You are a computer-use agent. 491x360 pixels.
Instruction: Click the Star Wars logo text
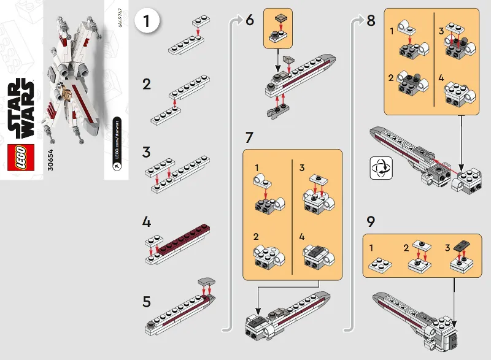pos(21,109)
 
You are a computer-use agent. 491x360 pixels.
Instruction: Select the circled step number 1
pos(147,21)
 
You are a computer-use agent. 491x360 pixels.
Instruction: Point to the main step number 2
pos(147,84)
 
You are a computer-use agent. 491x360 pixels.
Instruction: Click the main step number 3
pos(147,151)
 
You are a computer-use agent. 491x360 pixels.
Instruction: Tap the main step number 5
pos(147,302)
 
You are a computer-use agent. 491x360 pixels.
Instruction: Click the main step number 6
pos(249,20)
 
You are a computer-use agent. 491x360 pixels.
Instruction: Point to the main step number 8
pos(371,20)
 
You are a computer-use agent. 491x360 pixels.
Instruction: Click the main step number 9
pos(371,221)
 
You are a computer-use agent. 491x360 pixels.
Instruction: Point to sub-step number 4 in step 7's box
pos(302,236)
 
